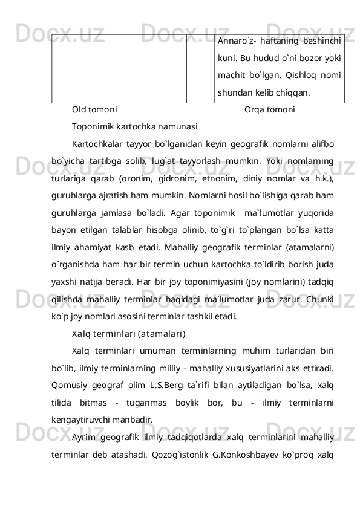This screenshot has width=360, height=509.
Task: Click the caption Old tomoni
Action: point(94,111)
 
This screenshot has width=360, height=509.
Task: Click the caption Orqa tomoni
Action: point(270,111)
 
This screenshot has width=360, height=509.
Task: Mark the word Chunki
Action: point(323,299)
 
